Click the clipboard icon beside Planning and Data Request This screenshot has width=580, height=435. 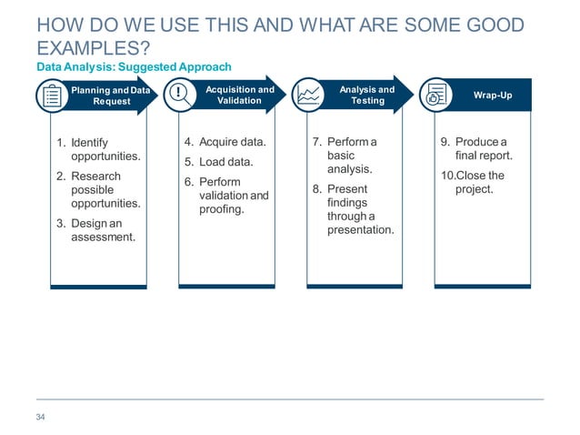(x=52, y=96)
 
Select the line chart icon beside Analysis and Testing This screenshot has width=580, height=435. (x=308, y=95)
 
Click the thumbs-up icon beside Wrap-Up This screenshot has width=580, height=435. (x=436, y=95)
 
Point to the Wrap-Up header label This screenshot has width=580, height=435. (x=493, y=96)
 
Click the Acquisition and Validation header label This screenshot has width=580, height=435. (x=239, y=96)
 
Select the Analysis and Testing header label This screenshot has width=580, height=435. (x=367, y=96)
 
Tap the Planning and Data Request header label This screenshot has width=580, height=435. (x=112, y=96)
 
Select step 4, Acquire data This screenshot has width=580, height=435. (x=232, y=142)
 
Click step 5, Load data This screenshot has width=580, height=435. (x=225, y=162)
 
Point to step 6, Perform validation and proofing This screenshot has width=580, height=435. (x=233, y=196)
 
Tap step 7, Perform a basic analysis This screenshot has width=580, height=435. (x=357, y=156)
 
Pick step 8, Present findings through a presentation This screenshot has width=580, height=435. (x=360, y=209)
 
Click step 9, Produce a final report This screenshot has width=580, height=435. (x=483, y=148)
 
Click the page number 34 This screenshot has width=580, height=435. (x=40, y=417)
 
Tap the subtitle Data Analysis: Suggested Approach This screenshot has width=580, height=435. (x=134, y=67)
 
